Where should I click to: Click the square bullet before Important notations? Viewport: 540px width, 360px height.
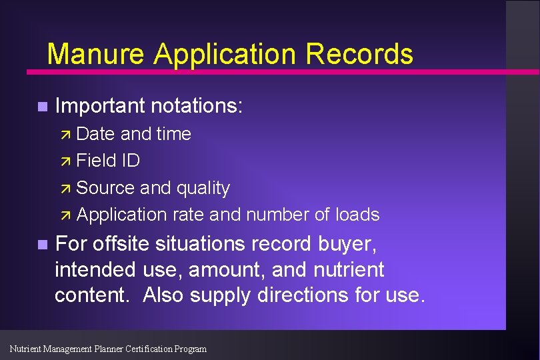click(42, 107)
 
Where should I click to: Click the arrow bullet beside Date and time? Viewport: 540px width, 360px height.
click(65, 134)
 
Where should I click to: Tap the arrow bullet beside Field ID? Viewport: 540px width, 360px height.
click(65, 161)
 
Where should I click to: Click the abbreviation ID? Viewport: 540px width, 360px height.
click(130, 161)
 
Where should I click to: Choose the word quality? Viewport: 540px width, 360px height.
click(203, 189)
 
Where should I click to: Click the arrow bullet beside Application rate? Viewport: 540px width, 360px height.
click(65, 215)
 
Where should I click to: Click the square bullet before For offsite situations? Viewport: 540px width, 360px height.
click(42, 245)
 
